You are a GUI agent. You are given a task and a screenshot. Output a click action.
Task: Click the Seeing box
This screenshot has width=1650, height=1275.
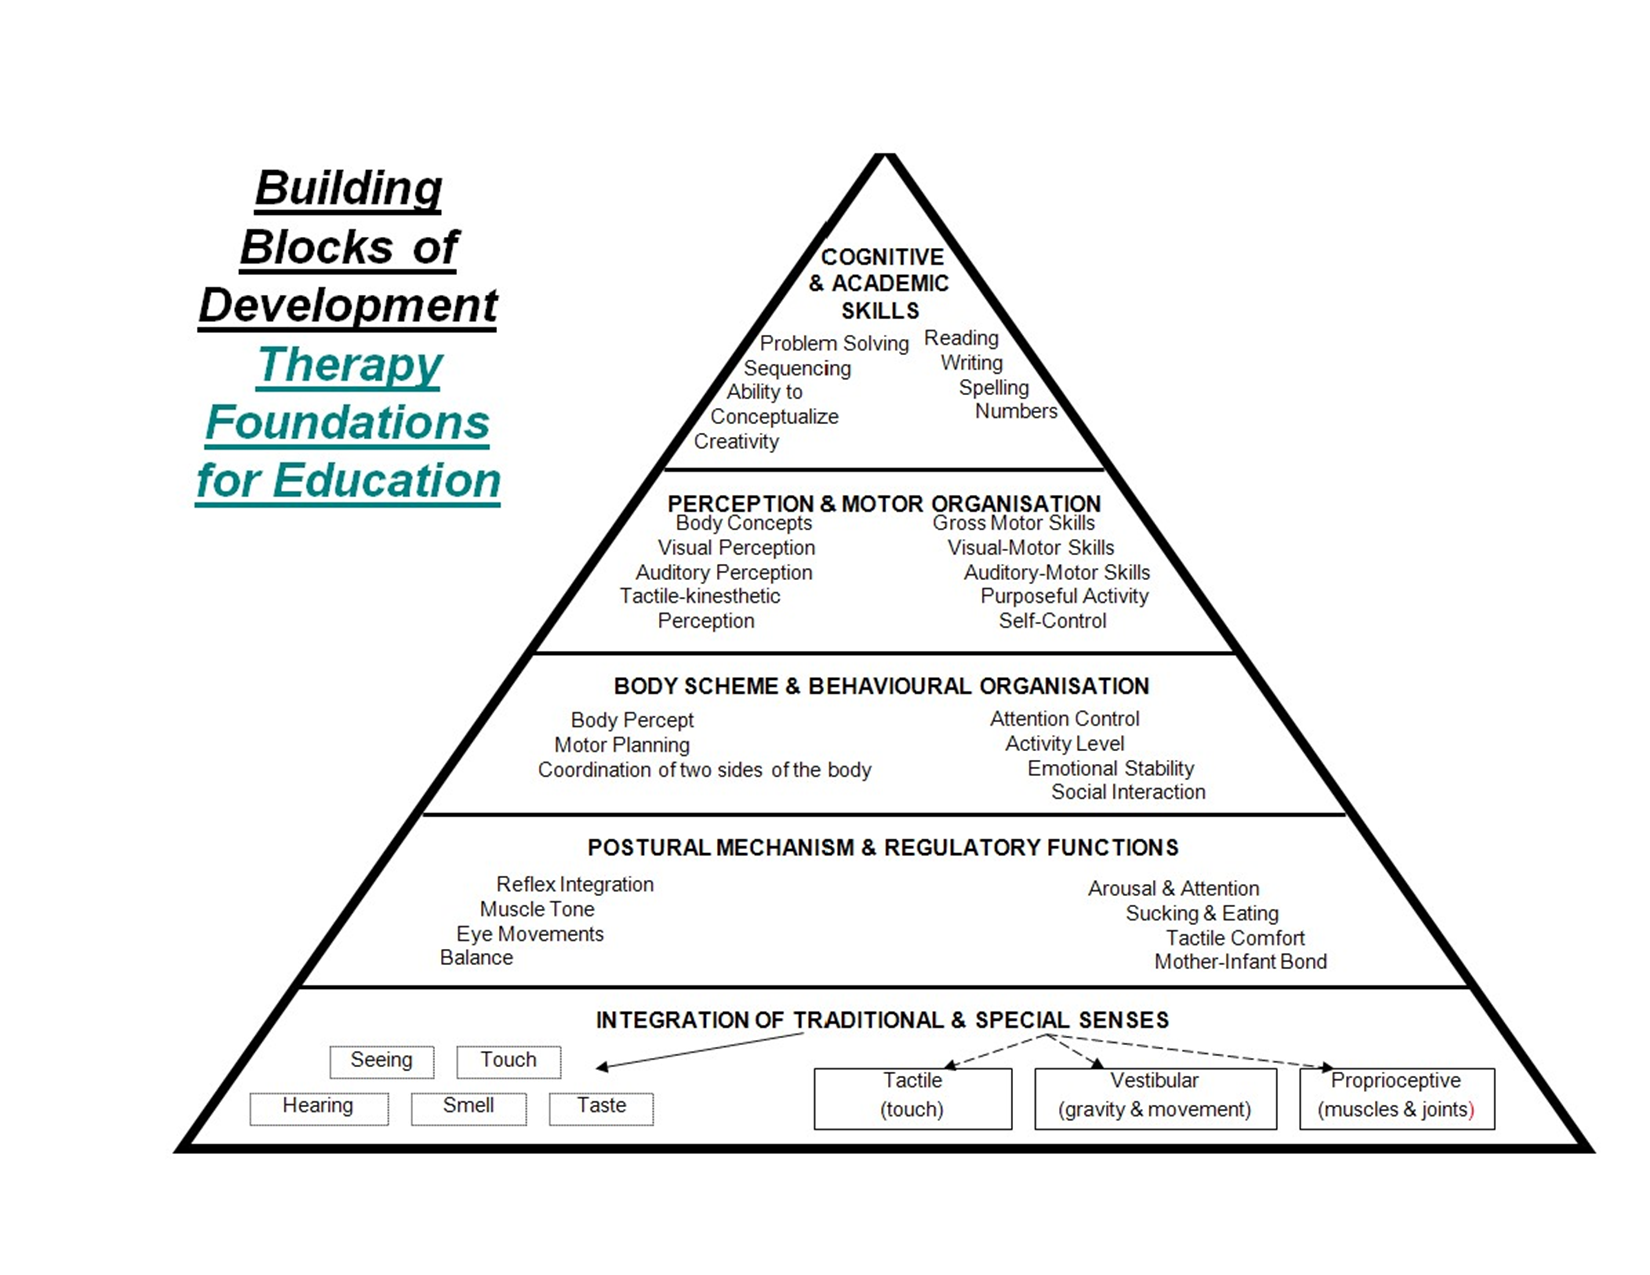point(381,1061)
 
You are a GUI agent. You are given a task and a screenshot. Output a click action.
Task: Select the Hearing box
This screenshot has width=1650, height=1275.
point(318,1107)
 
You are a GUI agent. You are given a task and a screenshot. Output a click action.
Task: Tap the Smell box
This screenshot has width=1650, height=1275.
point(468,1107)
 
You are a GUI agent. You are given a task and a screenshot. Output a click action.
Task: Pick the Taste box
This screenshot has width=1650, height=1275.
point(601,1107)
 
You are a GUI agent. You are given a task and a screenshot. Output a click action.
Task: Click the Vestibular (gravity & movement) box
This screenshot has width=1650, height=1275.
point(1155,1097)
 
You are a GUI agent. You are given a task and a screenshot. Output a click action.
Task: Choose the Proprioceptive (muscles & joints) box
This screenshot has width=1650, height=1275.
point(1396,1097)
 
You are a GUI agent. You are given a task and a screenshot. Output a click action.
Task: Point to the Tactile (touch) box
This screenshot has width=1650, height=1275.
point(912,1097)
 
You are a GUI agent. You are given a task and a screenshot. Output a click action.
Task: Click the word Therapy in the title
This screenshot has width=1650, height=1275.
point(350,365)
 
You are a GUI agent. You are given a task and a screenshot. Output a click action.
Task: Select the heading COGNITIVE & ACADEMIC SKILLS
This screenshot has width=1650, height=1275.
point(880,284)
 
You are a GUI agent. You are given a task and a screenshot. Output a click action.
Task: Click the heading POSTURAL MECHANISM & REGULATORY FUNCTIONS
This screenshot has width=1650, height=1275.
point(883,848)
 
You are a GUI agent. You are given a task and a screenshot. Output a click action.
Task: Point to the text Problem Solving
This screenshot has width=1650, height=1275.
point(834,344)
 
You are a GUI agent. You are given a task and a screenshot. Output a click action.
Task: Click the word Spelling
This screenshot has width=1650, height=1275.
point(993,388)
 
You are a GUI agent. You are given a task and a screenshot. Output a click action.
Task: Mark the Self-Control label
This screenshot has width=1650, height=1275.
point(1052,621)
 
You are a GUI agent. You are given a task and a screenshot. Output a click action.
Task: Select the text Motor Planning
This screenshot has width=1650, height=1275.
point(622,745)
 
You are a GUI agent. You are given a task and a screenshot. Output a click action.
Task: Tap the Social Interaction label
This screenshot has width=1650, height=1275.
point(1128,792)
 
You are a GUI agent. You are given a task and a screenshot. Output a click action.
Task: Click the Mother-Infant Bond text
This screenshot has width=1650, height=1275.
point(1240,962)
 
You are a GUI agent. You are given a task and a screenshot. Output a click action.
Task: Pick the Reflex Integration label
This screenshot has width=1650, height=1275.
point(575,885)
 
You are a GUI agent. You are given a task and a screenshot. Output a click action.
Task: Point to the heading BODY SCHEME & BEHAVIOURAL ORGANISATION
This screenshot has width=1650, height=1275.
point(881,687)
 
